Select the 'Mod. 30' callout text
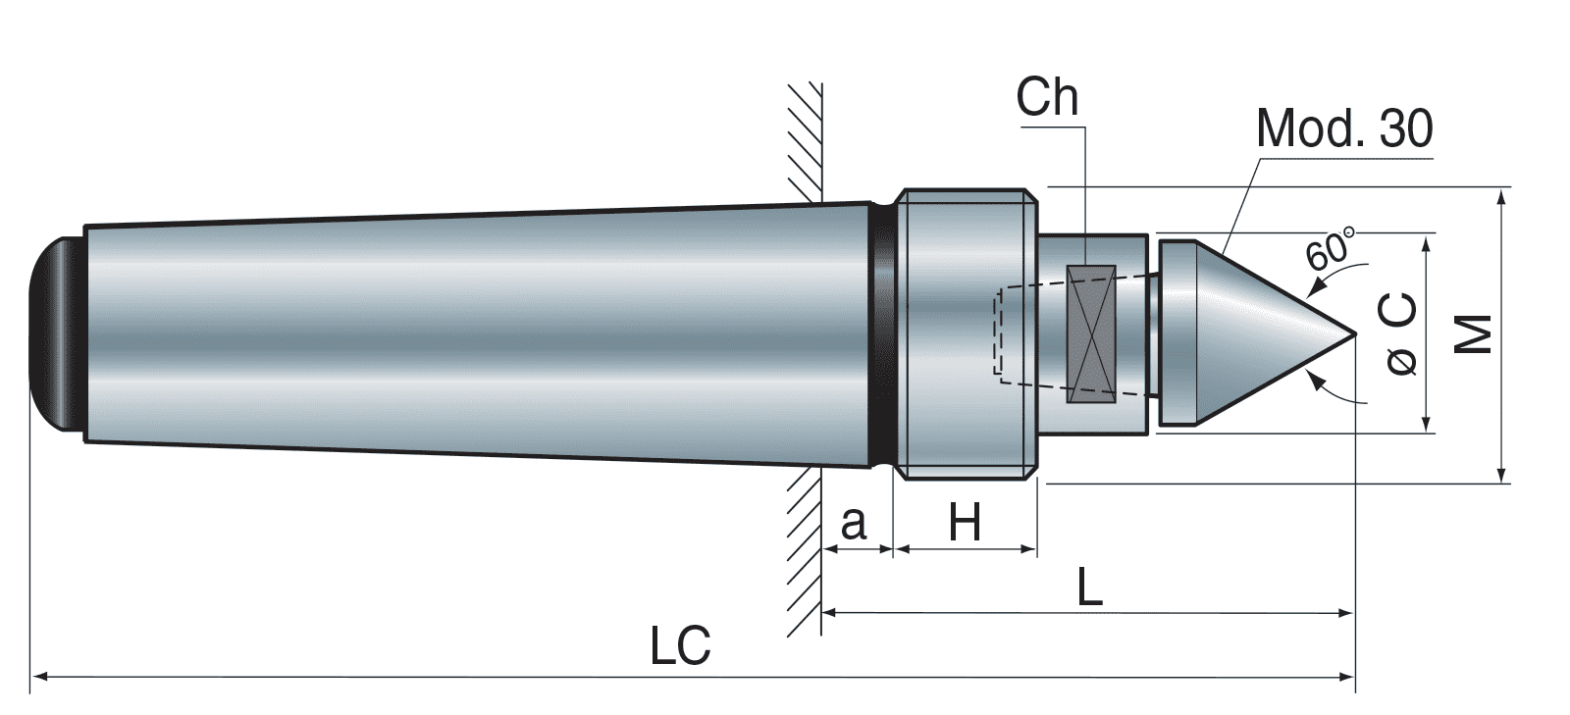tap(1343, 128)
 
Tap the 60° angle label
tap(1332, 246)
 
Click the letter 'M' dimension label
tap(1472, 333)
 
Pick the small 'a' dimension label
tap(854, 524)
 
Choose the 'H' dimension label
tap(965, 524)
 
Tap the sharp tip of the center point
tap(1352, 333)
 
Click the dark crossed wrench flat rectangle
tap(1091, 333)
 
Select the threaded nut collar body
tap(967, 333)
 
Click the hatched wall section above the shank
tap(803, 137)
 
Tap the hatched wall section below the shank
tap(803, 549)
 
